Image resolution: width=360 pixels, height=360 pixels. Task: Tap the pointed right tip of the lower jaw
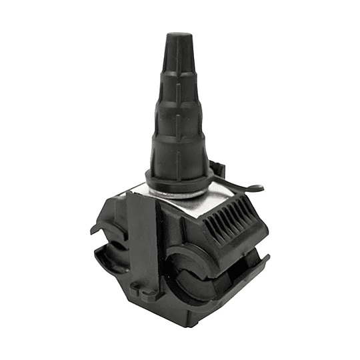269,257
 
